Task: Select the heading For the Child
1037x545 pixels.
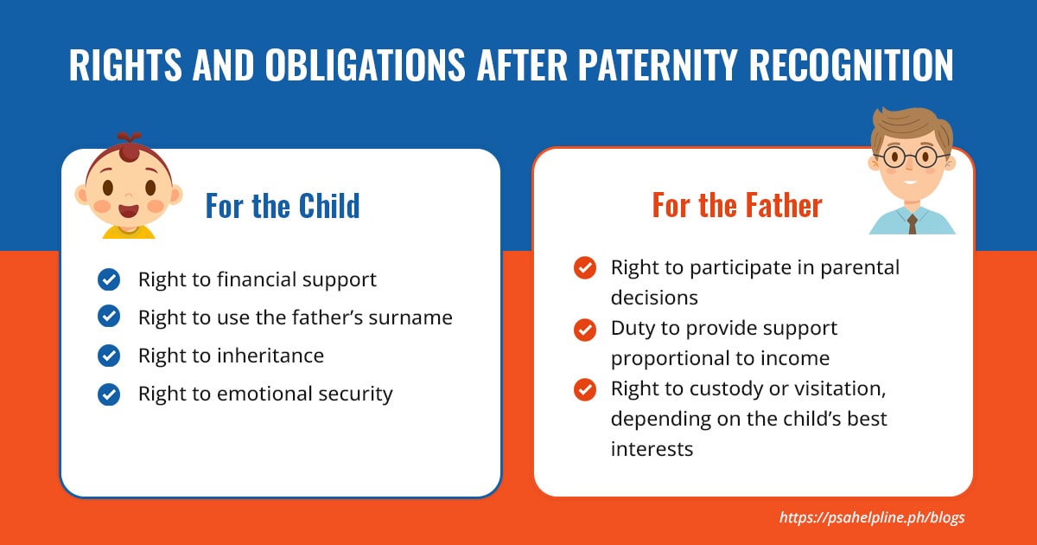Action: (282, 206)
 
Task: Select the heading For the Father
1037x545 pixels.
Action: (736, 206)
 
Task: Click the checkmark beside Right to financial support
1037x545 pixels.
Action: (109, 279)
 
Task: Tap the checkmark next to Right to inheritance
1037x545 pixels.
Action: (109, 356)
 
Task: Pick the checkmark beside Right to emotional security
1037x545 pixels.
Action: (109, 394)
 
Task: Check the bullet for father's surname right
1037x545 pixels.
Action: (109, 317)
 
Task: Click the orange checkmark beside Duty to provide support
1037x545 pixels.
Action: (585, 330)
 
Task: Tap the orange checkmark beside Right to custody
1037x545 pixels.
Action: (585, 389)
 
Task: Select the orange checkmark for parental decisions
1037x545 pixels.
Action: (585, 268)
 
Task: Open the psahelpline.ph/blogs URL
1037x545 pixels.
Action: (872, 517)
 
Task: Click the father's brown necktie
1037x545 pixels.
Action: (912, 224)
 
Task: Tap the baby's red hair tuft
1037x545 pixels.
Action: (129, 148)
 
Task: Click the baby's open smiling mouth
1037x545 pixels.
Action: (128, 210)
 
